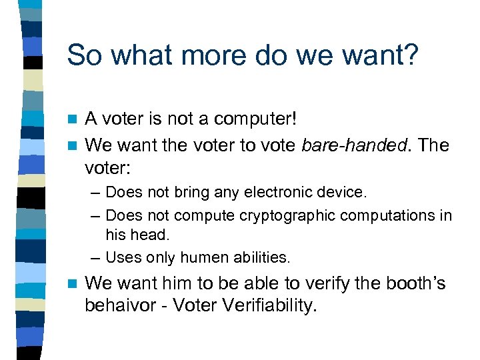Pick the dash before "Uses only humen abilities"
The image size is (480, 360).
(x=96, y=257)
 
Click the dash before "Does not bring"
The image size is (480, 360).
(x=96, y=193)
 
